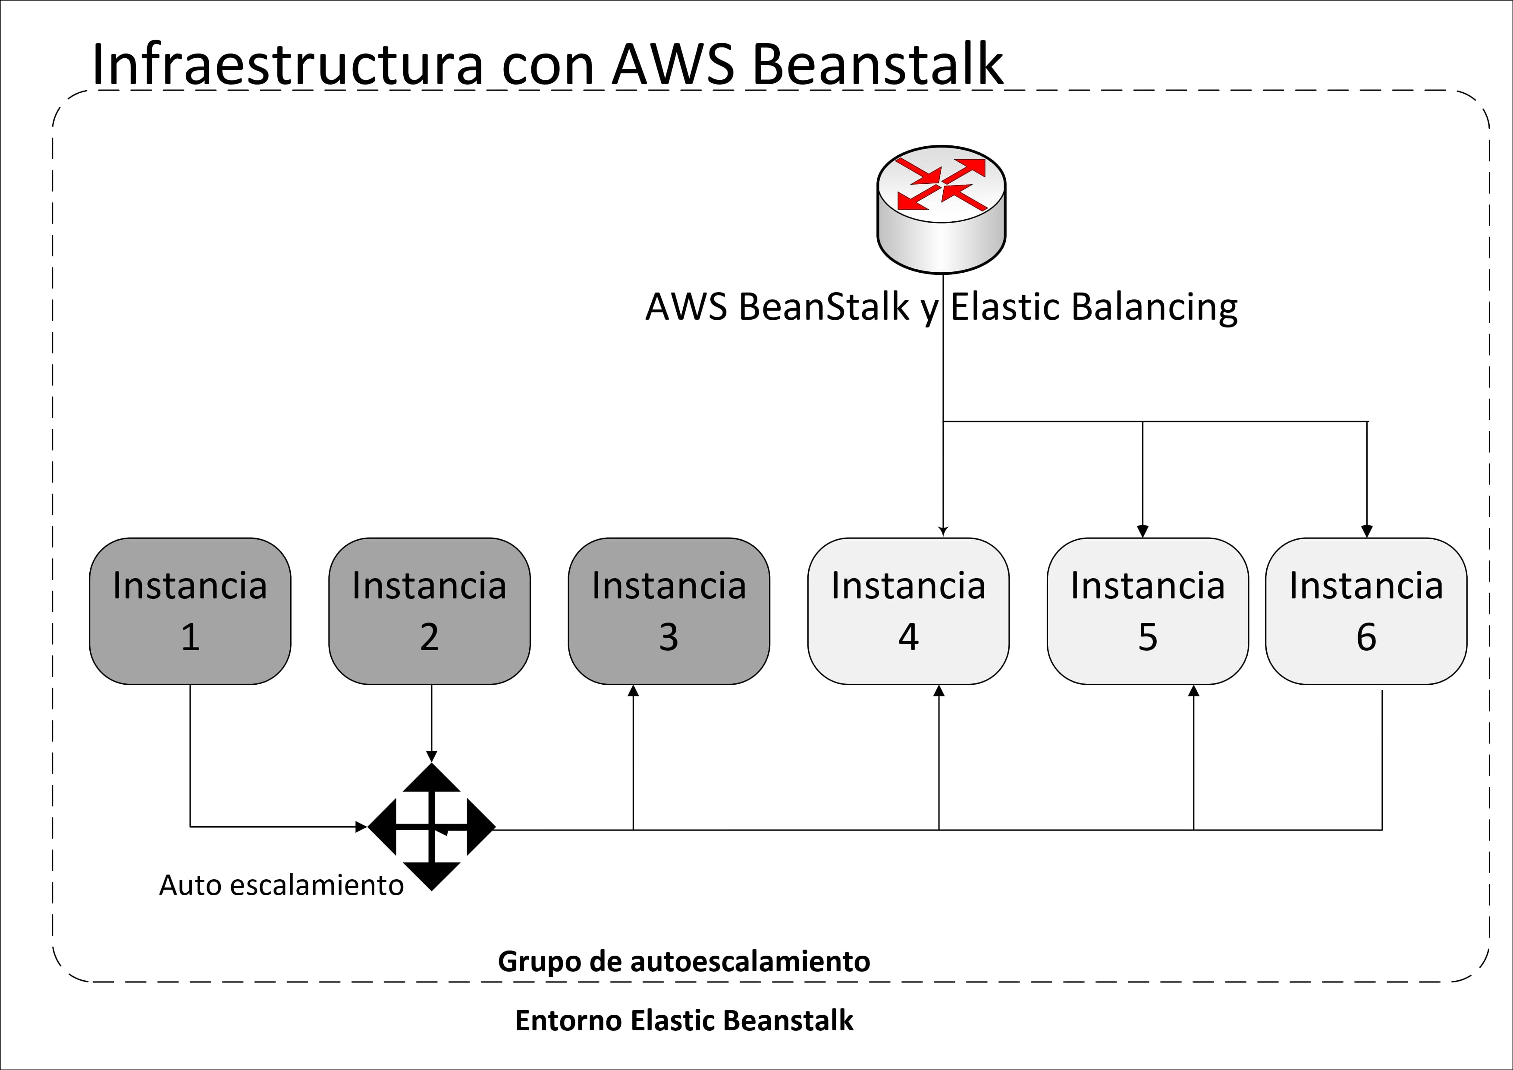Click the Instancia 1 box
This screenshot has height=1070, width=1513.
coord(190,611)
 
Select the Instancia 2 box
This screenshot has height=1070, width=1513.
coord(429,611)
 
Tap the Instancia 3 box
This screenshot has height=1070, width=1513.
coord(669,611)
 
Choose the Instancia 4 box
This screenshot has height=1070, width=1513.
coord(908,611)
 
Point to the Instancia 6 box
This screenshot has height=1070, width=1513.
coord(1366,611)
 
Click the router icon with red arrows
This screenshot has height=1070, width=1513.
coord(941,210)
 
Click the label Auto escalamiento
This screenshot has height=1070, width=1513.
coord(281,885)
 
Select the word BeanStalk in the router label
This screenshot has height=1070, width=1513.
coord(824,307)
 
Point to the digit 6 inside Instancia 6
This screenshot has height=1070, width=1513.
coord(1366,637)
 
